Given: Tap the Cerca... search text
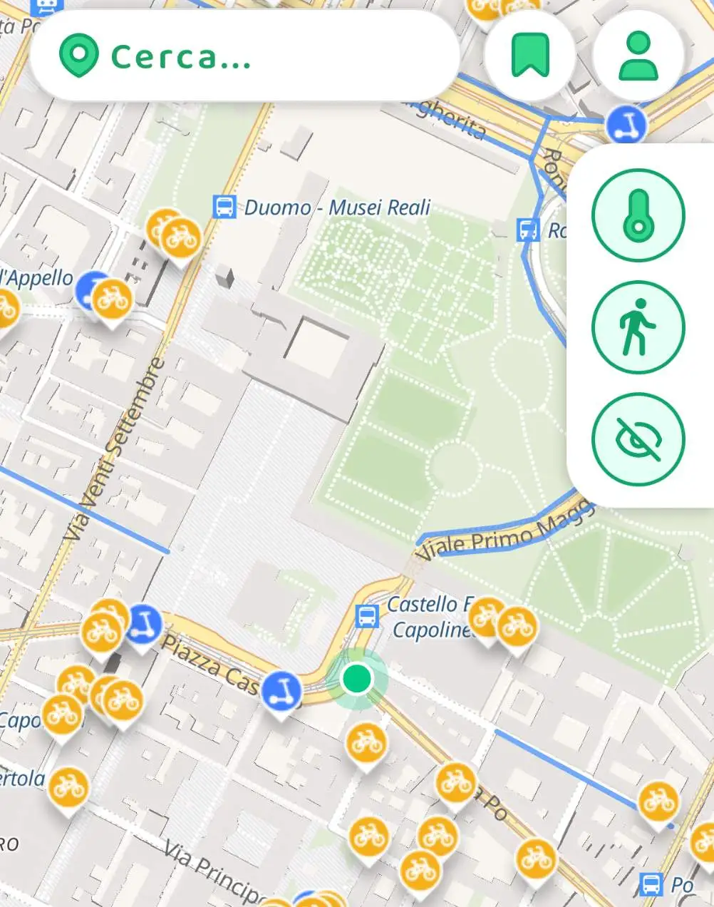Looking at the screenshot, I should coord(181,57).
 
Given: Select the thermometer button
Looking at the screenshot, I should coord(638,215).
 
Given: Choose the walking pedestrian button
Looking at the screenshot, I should coord(638,327).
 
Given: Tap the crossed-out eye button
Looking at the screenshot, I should coord(638,439).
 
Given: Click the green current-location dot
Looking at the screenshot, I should coord(357,678).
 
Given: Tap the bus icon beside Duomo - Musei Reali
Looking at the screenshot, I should coord(224,207).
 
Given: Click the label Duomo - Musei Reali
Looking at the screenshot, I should coord(337,207).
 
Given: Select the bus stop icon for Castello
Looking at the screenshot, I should coord(367,615).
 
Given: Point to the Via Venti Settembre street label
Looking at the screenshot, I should coord(114,449).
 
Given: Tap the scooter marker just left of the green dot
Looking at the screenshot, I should coord(281,691).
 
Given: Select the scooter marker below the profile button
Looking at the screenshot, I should coord(626,125).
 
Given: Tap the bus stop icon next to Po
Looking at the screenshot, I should coord(651,884).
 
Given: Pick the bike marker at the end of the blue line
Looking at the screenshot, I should coord(658,801).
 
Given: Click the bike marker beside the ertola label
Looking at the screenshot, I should coord(68,786).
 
